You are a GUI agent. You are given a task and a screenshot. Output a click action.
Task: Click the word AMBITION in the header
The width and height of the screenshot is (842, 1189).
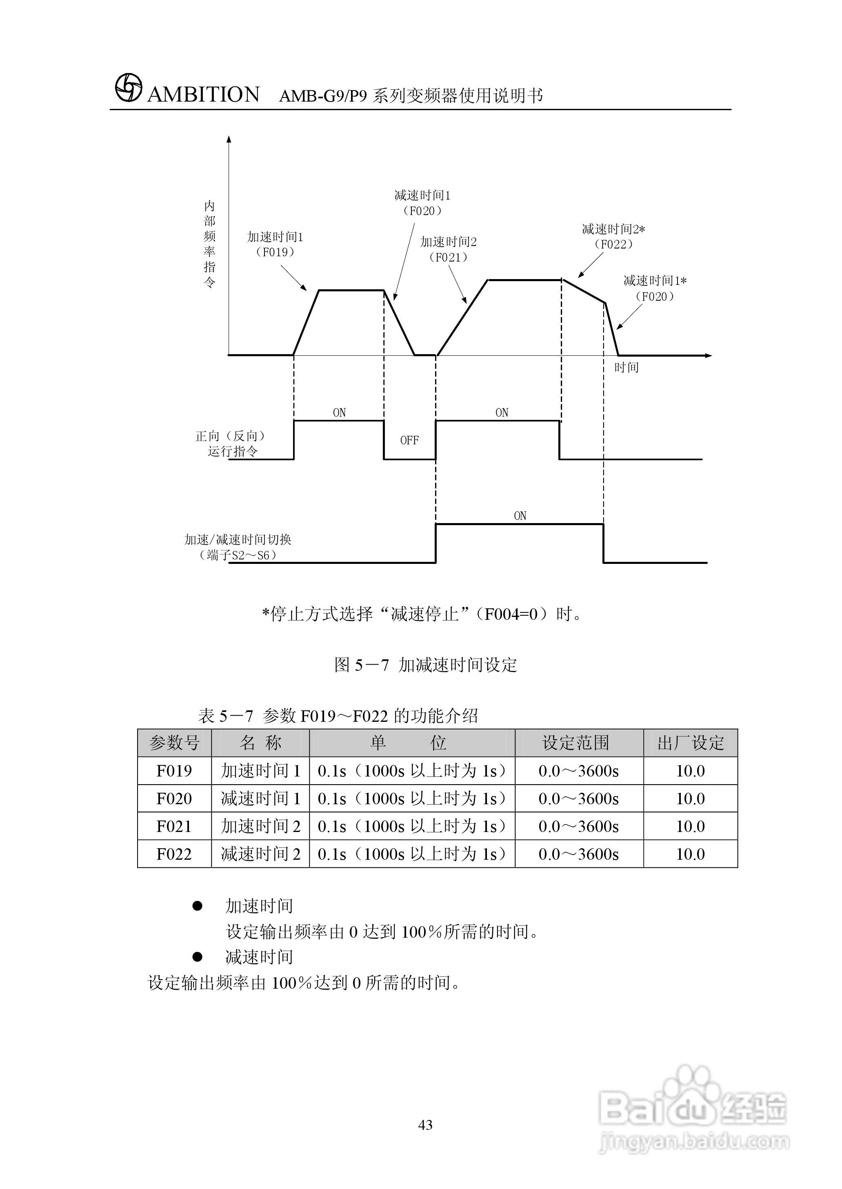click(x=203, y=95)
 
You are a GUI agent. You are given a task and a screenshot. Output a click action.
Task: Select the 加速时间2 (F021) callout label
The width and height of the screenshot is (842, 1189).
click(x=448, y=249)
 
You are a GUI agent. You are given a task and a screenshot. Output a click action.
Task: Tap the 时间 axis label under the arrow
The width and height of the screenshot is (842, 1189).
click(x=627, y=368)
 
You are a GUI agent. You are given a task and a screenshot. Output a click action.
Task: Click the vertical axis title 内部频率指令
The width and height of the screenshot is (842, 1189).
click(x=209, y=244)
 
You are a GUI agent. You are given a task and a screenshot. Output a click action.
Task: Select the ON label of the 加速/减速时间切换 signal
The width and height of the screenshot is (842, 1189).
click(x=520, y=516)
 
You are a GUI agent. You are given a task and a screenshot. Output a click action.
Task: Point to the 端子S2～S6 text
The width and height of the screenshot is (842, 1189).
click(x=238, y=555)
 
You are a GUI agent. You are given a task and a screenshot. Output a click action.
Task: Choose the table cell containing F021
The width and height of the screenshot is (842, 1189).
click(x=174, y=826)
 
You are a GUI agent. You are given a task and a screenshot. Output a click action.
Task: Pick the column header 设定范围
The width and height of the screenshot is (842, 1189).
click(x=575, y=743)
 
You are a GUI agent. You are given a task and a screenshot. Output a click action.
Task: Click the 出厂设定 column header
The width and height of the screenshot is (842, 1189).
click(x=690, y=743)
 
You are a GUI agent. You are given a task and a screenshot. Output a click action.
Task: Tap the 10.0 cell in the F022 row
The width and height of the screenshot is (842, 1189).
click(x=690, y=854)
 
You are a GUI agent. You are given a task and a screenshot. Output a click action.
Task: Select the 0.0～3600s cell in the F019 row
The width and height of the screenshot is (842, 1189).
click(x=579, y=771)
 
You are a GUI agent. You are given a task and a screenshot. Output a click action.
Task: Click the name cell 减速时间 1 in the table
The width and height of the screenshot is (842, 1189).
click(x=260, y=798)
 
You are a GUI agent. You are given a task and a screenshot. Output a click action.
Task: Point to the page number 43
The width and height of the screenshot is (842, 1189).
click(x=425, y=1125)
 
